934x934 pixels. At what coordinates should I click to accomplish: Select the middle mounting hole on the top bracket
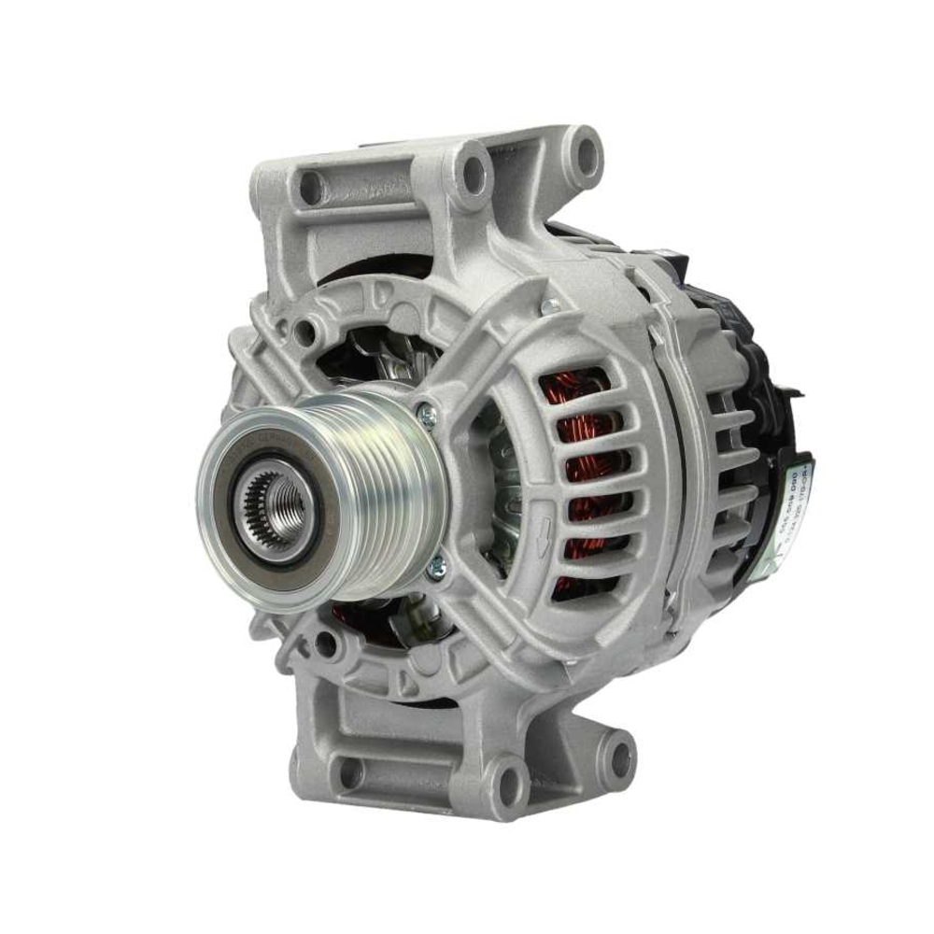474,172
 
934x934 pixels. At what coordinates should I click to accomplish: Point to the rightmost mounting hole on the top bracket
585,152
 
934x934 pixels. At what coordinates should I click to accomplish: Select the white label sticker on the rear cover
795,504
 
